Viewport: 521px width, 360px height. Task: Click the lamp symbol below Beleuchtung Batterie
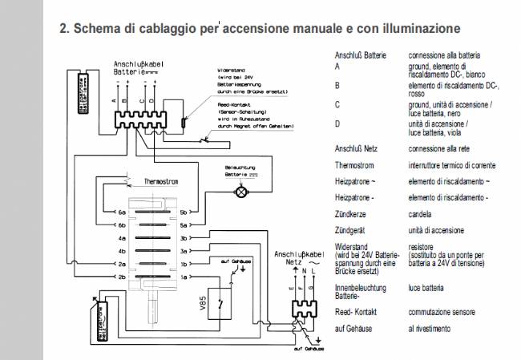click(x=238, y=192)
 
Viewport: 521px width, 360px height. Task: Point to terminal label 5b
click(x=184, y=212)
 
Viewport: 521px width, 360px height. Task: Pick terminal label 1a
click(x=184, y=277)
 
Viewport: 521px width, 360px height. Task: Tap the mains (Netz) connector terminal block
click(x=297, y=309)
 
